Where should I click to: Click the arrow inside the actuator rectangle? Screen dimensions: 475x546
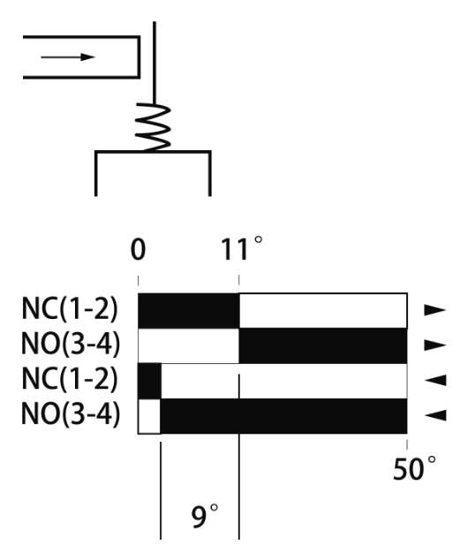(68, 57)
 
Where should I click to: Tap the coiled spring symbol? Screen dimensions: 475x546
(153, 127)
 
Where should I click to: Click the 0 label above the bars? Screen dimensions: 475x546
(138, 249)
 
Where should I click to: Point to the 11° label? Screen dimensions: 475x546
(242, 248)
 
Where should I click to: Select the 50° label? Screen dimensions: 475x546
(414, 468)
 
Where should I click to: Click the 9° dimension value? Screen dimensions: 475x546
(205, 516)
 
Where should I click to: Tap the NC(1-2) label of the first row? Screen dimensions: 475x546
(70, 309)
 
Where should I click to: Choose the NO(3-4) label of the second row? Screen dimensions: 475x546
(71, 344)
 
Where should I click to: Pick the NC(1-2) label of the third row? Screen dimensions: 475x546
(70, 379)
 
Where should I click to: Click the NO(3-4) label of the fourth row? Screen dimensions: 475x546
(71, 414)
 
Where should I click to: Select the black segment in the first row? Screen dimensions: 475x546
(189, 311)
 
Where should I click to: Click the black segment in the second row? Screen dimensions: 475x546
(323, 345)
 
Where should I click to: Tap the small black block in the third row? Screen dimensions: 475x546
(149, 381)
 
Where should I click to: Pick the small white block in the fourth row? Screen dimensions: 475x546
(149, 416)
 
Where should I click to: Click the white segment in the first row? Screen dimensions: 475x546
(323, 311)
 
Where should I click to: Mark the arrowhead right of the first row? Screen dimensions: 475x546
(435, 310)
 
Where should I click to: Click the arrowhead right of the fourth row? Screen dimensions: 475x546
(435, 415)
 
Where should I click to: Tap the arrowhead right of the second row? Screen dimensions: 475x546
(435, 345)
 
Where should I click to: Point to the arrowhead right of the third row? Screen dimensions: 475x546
(435, 380)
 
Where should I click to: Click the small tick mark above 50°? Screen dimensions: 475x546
(407, 444)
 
